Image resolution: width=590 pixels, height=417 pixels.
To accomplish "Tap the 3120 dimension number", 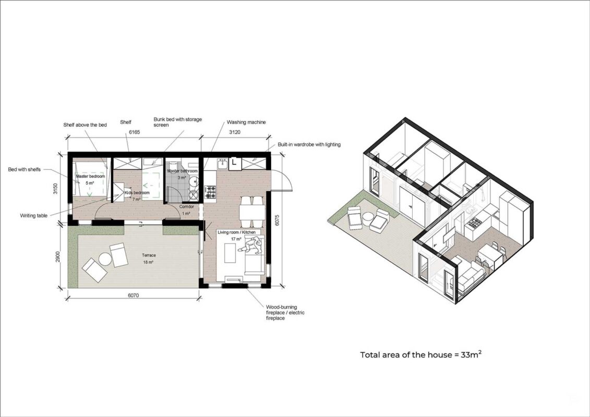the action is [x=234, y=132].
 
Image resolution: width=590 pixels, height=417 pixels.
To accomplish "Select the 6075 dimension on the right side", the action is [x=278, y=220].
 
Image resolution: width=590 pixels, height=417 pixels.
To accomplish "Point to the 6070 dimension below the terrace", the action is [x=133, y=295].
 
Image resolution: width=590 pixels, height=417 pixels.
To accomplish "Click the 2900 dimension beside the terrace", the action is [x=58, y=257].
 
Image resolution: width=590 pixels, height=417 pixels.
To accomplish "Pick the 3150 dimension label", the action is [x=55, y=188].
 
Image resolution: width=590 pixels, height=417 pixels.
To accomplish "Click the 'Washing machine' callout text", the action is [x=246, y=122].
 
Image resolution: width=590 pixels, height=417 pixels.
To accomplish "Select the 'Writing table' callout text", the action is [x=34, y=216].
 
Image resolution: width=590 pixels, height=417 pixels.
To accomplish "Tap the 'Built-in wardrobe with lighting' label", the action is [x=309, y=144].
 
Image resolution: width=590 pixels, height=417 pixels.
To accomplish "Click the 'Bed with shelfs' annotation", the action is [x=25, y=169].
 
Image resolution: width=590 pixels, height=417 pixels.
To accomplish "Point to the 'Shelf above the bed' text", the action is [x=85, y=125].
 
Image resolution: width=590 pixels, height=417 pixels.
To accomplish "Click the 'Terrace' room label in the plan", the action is [x=149, y=255].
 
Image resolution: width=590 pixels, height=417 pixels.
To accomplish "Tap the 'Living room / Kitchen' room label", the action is [x=237, y=232].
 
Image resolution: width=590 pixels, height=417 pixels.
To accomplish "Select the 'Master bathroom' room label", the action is [x=182, y=171].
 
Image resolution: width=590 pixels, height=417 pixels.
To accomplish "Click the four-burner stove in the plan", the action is [x=210, y=192].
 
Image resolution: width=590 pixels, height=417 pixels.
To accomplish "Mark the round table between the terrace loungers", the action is [x=105, y=259].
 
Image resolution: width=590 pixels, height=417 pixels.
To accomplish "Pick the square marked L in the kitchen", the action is [x=234, y=163].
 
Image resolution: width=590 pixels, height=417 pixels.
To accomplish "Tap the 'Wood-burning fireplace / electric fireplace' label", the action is [x=285, y=312].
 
